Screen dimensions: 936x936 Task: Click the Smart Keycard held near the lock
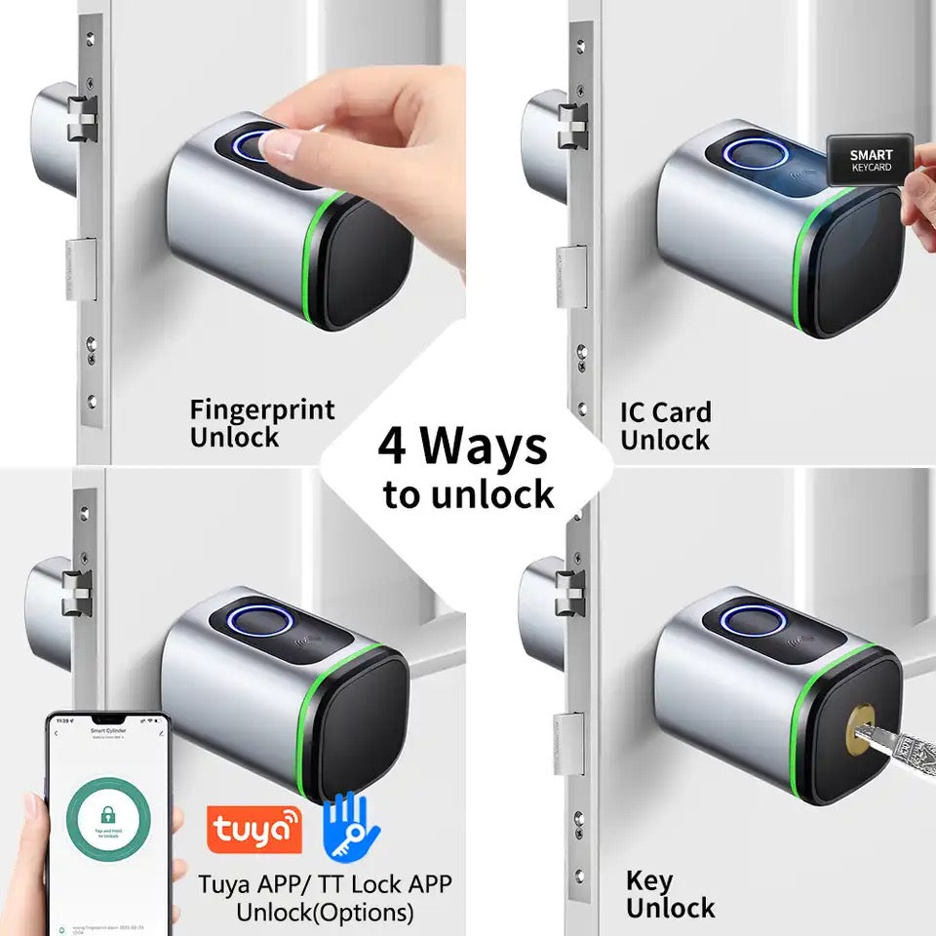tap(870, 161)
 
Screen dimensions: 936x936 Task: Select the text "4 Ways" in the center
tap(463, 448)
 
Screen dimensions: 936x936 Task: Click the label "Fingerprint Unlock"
tap(261, 423)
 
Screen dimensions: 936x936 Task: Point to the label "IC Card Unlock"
tap(666, 426)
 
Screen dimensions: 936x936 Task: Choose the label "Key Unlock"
tap(670, 895)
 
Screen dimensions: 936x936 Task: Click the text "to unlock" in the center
tap(468, 494)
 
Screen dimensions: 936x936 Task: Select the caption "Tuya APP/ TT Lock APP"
tap(325, 884)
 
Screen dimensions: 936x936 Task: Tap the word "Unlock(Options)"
tap(325, 914)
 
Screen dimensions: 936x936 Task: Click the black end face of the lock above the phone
tap(357, 722)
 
